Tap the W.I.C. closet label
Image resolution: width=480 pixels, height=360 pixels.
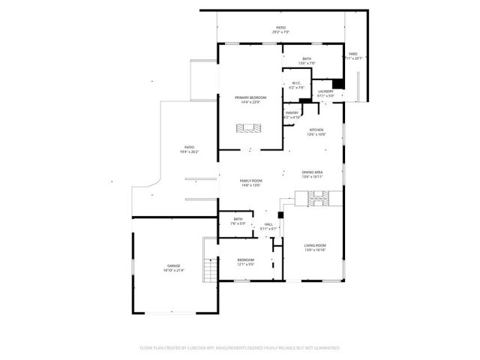(296, 84)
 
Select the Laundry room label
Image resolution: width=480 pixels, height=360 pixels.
(325, 91)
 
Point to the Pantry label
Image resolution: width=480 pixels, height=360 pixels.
(292, 113)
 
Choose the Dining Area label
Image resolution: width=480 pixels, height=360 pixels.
(312, 172)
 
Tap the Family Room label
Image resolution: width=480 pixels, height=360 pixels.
(250, 181)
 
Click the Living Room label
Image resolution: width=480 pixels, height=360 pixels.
(314, 245)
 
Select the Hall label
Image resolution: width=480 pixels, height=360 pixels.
(268, 224)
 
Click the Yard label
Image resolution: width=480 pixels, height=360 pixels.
(352, 53)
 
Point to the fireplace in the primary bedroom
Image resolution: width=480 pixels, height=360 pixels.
(250, 129)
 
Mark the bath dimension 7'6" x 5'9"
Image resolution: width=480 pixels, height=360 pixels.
(238, 223)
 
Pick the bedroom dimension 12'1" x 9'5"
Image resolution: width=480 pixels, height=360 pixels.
(246, 264)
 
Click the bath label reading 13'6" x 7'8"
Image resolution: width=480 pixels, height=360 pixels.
(306, 63)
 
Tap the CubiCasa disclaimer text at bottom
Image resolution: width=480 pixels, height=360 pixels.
(240, 348)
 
